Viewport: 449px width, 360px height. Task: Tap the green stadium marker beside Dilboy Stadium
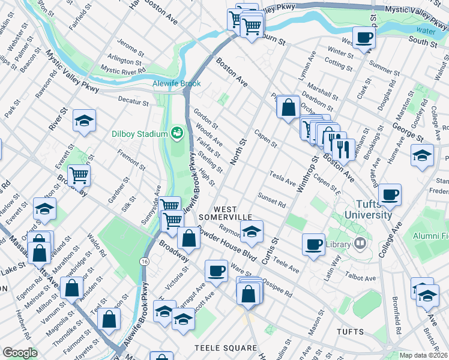176,132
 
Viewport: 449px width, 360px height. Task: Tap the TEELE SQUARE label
226,348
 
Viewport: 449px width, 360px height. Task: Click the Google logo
20,353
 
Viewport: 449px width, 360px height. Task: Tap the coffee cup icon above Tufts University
390,194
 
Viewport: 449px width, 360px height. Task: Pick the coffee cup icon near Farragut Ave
216,271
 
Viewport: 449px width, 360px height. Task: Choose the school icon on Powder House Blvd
252,231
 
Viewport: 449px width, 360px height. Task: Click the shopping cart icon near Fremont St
79,175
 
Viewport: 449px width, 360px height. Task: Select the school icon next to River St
85,121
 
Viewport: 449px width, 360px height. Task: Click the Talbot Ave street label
361,277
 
